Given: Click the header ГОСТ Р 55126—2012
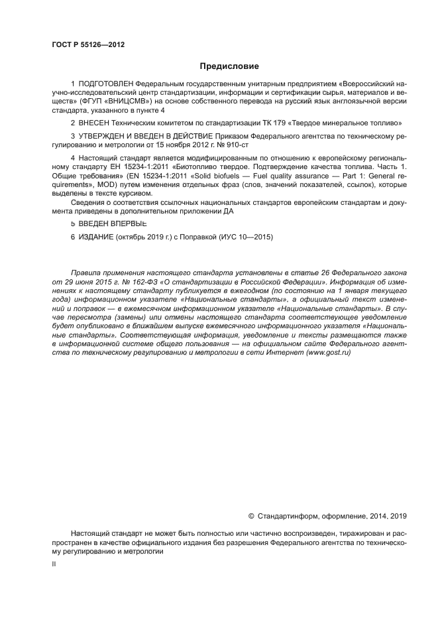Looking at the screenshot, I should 87,45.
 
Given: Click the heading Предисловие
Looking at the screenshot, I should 229,66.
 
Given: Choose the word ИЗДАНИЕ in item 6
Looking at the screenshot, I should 97,237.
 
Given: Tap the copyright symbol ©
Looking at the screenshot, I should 251,515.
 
